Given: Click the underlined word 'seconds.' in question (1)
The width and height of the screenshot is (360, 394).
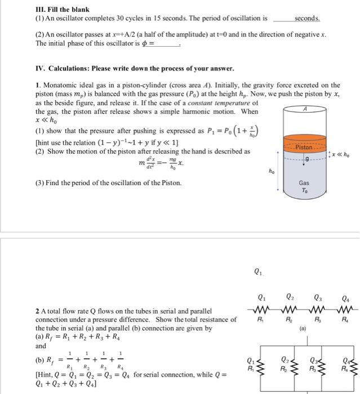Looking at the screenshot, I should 307,18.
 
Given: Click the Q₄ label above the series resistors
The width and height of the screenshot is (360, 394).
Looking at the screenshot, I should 345,299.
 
